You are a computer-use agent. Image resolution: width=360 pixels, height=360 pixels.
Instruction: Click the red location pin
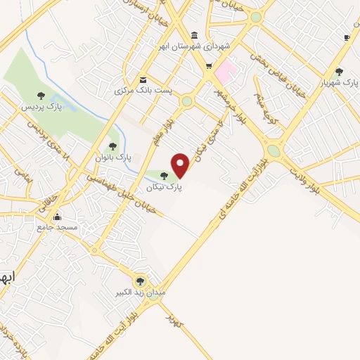pos(181,165)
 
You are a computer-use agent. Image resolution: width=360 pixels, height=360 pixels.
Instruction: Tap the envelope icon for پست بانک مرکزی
pos(143,80)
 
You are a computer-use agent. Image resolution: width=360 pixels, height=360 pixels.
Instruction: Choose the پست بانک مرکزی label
pos(141,91)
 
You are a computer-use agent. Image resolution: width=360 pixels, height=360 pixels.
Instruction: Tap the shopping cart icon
pos(208,67)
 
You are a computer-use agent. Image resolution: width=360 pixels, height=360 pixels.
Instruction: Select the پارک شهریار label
pos(335,82)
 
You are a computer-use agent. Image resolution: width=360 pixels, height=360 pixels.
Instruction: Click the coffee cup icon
pos(346,37)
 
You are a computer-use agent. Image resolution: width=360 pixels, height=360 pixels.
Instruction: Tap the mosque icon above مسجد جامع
pos(58,217)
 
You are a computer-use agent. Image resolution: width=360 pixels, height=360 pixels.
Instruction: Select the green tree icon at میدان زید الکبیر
pos(140,280)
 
